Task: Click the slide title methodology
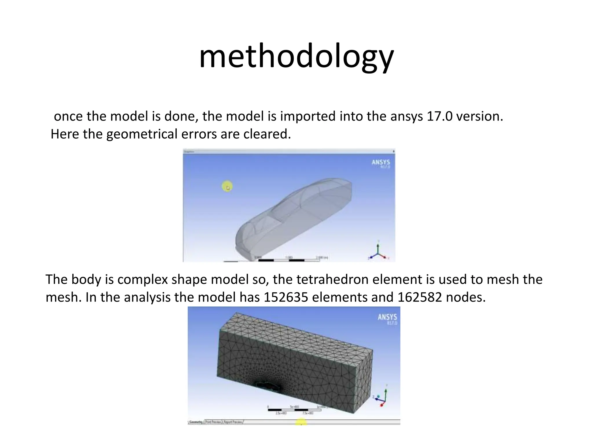pyautogui.click(x=296, y=56)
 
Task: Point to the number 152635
pyautogui.click(x=286, y=298)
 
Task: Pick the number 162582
pyautogui.click(x=420, y=298)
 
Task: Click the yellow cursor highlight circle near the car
pyautogui.click(x=227, y=187)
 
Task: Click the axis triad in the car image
pyautogui.click(x=378, y=252)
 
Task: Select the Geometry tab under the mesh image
pyautogui.click(x=196, y=422)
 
